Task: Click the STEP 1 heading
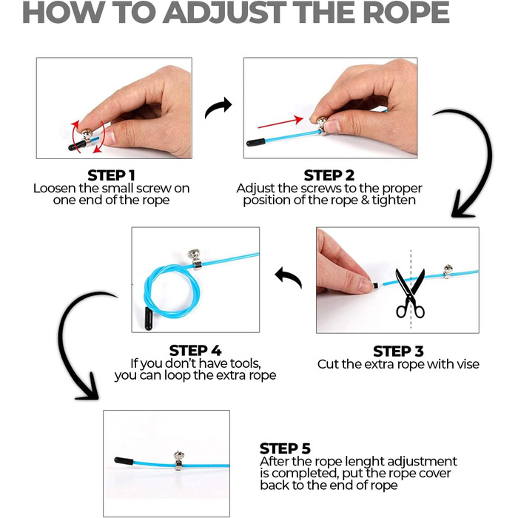point(111,175)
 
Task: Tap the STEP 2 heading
point(329,175)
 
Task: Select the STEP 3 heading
point(398,351)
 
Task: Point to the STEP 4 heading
point(195,351)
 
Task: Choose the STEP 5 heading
point(285,448)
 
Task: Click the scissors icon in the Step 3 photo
point(410,293)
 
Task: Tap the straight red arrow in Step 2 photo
point(280,122)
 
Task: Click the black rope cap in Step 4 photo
point(149,318)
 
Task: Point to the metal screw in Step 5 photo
point(179,460)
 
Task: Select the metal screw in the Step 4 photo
point(195,259)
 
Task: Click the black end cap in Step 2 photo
point(256,143)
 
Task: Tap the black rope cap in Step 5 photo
point(124,461)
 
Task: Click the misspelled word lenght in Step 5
point(362,461)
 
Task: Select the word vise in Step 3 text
point(467,364)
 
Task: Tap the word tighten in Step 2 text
point(394,201)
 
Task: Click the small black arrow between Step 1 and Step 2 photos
point(218,107)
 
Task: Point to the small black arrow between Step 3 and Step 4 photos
point(288,277)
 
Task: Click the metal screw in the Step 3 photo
point(448,272)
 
